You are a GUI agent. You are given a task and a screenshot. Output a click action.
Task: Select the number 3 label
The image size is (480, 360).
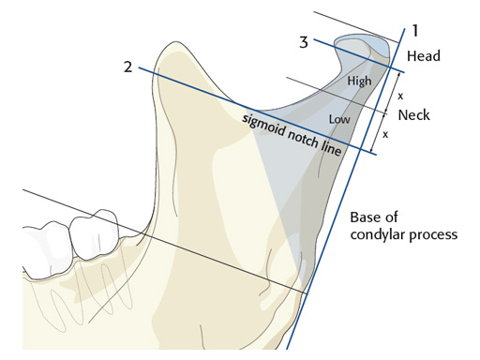(x=304, y=41)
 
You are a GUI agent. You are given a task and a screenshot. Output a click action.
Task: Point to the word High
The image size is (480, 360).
(x=359, y=82)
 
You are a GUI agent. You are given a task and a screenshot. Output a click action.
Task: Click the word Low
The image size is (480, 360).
(x=340, y=119)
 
